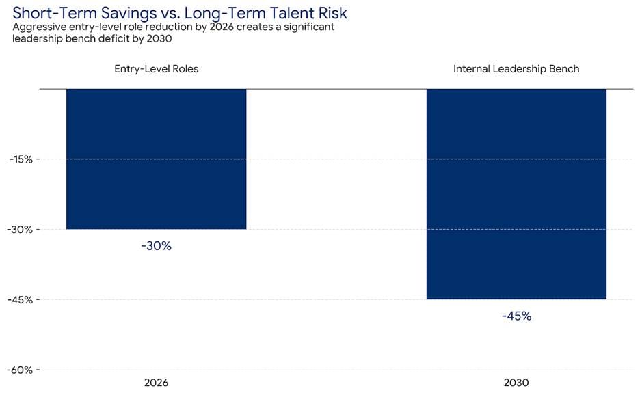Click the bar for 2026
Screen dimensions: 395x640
coord(156,159)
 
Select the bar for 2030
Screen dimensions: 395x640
coord(516,194)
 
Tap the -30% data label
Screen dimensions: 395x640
coord(156,246)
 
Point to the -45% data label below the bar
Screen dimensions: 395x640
coord(516,316)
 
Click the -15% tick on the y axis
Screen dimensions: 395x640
coord(21,159)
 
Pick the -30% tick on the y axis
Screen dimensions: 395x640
coord(21,230)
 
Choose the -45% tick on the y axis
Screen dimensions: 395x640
coord(21,299)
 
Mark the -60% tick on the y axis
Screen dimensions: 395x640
coord(21,370)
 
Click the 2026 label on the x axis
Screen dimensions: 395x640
coord(156,383)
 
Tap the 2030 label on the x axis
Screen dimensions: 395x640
coord(516,383)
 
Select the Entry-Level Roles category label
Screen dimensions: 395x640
coord(156,69)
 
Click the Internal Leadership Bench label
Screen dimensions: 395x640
coord(516,69)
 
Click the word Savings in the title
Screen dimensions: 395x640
coord(130,13)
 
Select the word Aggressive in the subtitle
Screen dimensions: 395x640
coord(38,27)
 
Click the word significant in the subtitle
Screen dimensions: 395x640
coord(308,27)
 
